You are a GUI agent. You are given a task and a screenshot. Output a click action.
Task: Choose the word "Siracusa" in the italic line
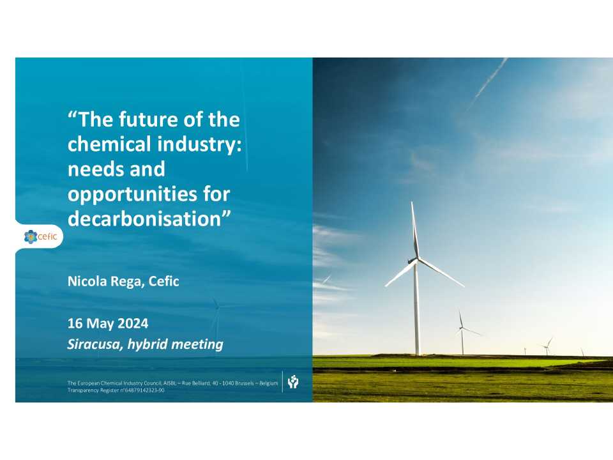95,345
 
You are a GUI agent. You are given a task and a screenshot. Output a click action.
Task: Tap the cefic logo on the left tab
40,237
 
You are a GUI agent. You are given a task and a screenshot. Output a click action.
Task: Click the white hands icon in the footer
293,382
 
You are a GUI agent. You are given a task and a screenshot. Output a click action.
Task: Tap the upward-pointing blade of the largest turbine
414,230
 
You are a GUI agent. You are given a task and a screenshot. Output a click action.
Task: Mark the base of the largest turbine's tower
417,353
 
